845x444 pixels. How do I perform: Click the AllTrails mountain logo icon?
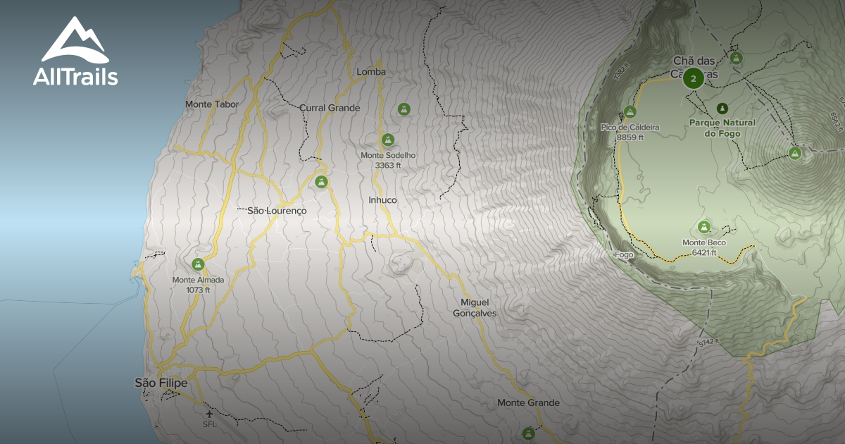(74, 42)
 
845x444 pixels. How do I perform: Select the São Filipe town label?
(161, 383)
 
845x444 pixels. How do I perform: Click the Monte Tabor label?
(212, 104)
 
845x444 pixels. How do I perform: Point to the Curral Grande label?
(330, 108)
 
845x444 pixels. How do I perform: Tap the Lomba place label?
(371, 72)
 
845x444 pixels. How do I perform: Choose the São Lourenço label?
(277, 211)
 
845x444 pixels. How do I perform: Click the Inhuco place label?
(382, 200)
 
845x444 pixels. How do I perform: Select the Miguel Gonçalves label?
(475, 307)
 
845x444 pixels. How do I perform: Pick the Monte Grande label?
(528, 403)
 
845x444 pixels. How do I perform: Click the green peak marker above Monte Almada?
(198, 264)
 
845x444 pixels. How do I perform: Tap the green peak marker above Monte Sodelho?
(388, 140)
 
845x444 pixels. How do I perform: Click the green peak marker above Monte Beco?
(703, 227)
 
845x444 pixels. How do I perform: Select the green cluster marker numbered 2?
(694, 78)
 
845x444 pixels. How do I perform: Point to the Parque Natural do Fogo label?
(722, 128)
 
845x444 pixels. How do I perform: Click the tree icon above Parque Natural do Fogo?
(721, 109)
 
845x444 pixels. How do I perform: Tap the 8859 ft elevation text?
(630, 137)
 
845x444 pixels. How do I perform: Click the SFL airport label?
(208, 425)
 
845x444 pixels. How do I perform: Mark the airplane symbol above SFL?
(208, 414)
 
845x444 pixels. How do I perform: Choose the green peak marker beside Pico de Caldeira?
(630, 111)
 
